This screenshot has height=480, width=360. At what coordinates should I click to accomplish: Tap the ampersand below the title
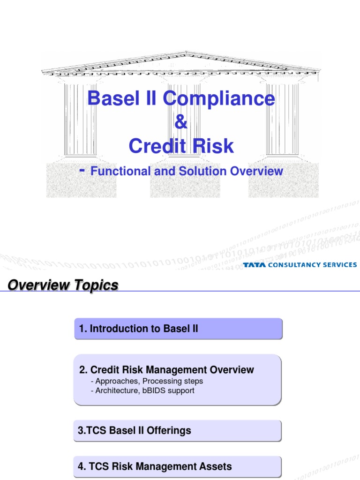pos(180,123)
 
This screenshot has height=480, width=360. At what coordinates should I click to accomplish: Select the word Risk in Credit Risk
pos(215,147)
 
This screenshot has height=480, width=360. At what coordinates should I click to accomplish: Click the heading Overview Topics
pos(63,285)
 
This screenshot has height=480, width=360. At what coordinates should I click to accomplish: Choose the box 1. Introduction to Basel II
pos(178,329)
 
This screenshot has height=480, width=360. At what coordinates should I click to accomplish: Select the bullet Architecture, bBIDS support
pos(145,390)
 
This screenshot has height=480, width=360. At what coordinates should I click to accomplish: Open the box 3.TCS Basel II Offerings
pos(178,431)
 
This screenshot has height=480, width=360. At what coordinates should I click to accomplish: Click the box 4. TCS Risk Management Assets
pos(178,466)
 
